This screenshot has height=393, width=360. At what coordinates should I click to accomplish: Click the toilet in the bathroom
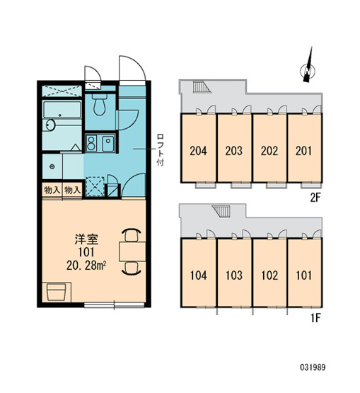point(100,105)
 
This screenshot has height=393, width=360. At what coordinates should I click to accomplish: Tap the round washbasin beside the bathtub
point(50,125)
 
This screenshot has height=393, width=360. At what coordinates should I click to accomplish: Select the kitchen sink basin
point(108,143)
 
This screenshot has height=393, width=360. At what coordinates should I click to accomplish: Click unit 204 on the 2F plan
point(198,151)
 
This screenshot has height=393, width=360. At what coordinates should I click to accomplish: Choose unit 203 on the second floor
point(234,151)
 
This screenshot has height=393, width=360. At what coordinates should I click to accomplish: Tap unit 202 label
point(269,151)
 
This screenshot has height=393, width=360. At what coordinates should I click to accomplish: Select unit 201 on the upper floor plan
point(304,151)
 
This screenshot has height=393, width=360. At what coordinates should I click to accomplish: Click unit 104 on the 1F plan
point(199,275)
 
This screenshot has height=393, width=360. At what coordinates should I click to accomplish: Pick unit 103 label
point(234,275)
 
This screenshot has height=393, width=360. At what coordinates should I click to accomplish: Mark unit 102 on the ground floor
point(269,275)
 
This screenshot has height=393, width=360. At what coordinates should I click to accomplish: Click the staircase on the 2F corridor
point(202,87)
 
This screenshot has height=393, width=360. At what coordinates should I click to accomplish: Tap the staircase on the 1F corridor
point(221,211)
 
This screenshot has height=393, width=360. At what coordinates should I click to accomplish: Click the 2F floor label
point(315,198)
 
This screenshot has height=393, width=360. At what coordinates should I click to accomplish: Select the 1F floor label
point(315,318)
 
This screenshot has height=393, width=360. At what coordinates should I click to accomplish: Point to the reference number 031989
point(313,368)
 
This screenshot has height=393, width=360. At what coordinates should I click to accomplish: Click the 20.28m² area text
point(86,266)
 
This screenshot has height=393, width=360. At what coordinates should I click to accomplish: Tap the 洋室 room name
point(86,239)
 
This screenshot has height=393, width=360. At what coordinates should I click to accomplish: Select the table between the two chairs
point(132,251)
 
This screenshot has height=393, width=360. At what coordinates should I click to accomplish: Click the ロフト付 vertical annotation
point(160,150)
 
